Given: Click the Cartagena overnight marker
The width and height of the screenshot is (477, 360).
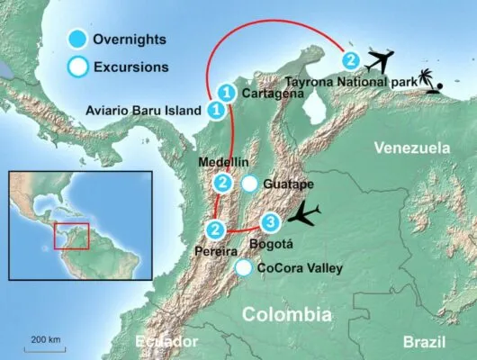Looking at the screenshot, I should tap(227, 92).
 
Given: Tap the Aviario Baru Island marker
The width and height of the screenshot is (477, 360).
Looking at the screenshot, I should tap(216, 110).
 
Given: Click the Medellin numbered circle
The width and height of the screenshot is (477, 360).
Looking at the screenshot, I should tap(222, 184).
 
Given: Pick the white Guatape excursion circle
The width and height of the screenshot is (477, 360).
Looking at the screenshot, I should tap(249, 184).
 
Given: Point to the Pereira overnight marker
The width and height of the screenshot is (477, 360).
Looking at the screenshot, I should tap(216, 230).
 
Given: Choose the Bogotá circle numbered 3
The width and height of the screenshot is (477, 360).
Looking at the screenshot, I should tap(267, 222).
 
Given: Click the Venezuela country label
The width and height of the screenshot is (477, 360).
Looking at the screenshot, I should tap(412, 146).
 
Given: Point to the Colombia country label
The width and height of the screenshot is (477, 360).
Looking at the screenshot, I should tap(287, 314).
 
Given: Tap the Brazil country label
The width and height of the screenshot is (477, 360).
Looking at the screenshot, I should tap(424, 342).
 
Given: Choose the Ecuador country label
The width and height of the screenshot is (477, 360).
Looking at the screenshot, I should tap(165, 342).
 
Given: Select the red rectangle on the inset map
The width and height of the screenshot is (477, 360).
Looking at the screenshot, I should tap(72, 235).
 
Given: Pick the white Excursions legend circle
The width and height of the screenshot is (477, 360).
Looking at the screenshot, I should tap(79, 66).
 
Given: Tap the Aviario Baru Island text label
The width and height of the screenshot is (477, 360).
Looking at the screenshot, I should tap(143, 111).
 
